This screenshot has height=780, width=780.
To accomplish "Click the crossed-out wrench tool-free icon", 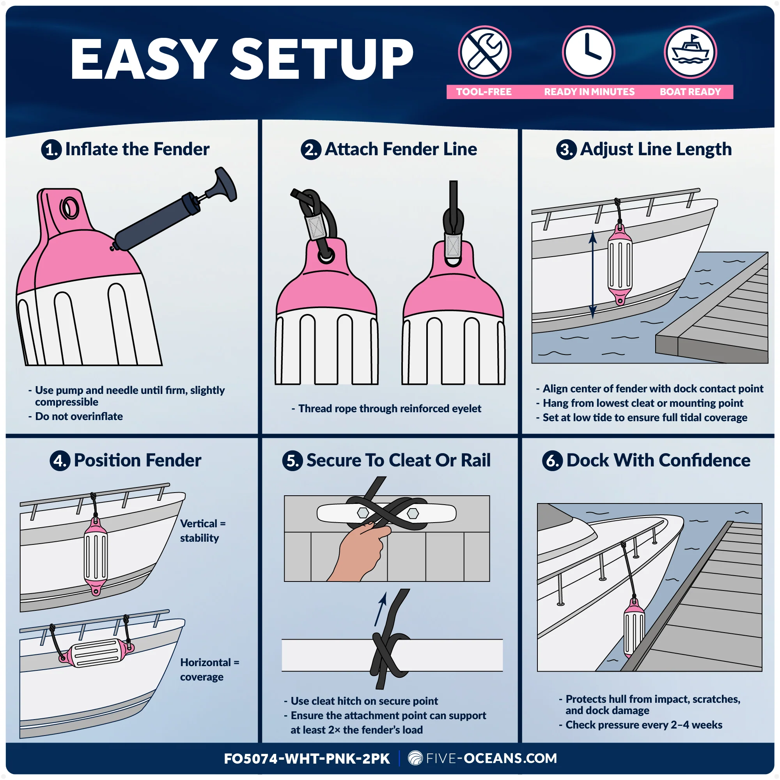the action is click(484, 52).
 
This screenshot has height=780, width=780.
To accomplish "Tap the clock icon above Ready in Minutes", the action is click(589, 52).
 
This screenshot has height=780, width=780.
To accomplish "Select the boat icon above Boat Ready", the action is click(690, 52).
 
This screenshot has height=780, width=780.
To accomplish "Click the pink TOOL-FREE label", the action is click(484, 92).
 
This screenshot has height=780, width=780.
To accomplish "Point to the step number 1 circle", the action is click(51, 149).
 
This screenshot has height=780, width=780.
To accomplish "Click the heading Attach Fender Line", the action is click(401, 149).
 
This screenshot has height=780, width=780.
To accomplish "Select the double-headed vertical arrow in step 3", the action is click(593, 275).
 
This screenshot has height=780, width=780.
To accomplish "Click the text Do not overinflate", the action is click(79, 416).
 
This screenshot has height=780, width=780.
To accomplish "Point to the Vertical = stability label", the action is click(203, 530).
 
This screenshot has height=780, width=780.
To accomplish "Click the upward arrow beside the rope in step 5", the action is click(380, 609).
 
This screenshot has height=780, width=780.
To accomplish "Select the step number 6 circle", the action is click(552, 461).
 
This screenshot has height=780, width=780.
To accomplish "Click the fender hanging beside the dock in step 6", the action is click(634, 628).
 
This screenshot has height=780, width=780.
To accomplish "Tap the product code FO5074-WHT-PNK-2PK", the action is click(307, 759).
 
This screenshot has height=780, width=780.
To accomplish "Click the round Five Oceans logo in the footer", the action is click(415, 758).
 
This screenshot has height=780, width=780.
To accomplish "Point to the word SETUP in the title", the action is click(322, 59).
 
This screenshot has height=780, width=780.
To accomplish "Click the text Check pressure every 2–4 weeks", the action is click(643, 725).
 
